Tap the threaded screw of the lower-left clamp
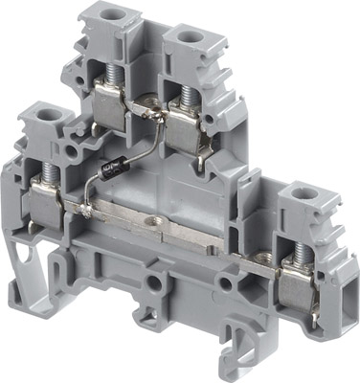pyautogui.click(x=43, y=175)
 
